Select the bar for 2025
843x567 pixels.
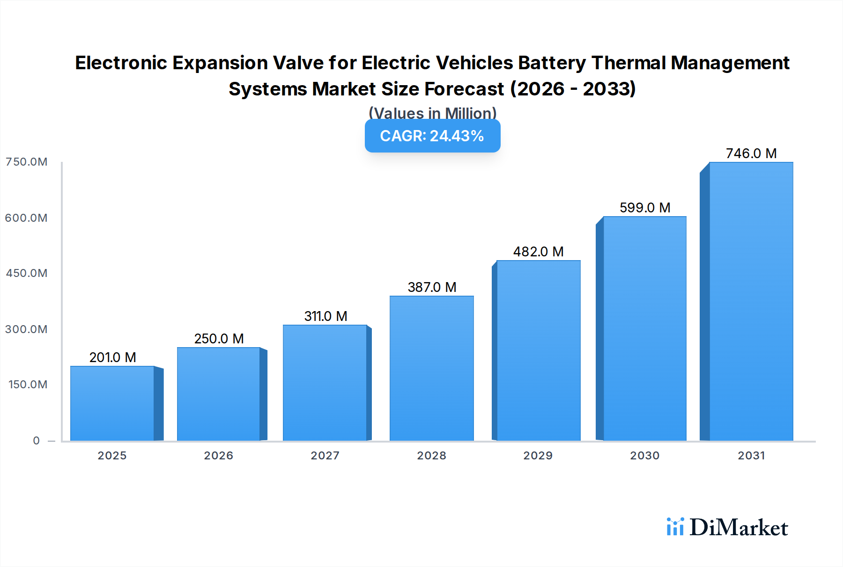[112, 403]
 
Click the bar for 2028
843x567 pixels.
[431, 368]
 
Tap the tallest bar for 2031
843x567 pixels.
[751, 302]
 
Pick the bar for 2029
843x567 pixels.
[538, 350]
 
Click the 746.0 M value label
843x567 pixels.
[751, 153]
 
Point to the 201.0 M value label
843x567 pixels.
[112, 357]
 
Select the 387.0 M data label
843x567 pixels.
[431, 287]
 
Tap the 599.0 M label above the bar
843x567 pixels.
[644, 208]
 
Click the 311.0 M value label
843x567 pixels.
[325, 316]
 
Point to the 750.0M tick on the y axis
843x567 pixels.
[27, 162]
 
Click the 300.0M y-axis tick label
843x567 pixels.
[27, 329]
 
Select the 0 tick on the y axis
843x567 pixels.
[37, 441]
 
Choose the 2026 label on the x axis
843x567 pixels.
[218, 456]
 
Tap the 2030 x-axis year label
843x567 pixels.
[644, 456]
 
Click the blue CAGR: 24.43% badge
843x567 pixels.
[432, 136]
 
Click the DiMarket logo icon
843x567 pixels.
[675, 527]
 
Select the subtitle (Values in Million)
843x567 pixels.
[432, 113]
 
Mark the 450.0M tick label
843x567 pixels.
[27, 273]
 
